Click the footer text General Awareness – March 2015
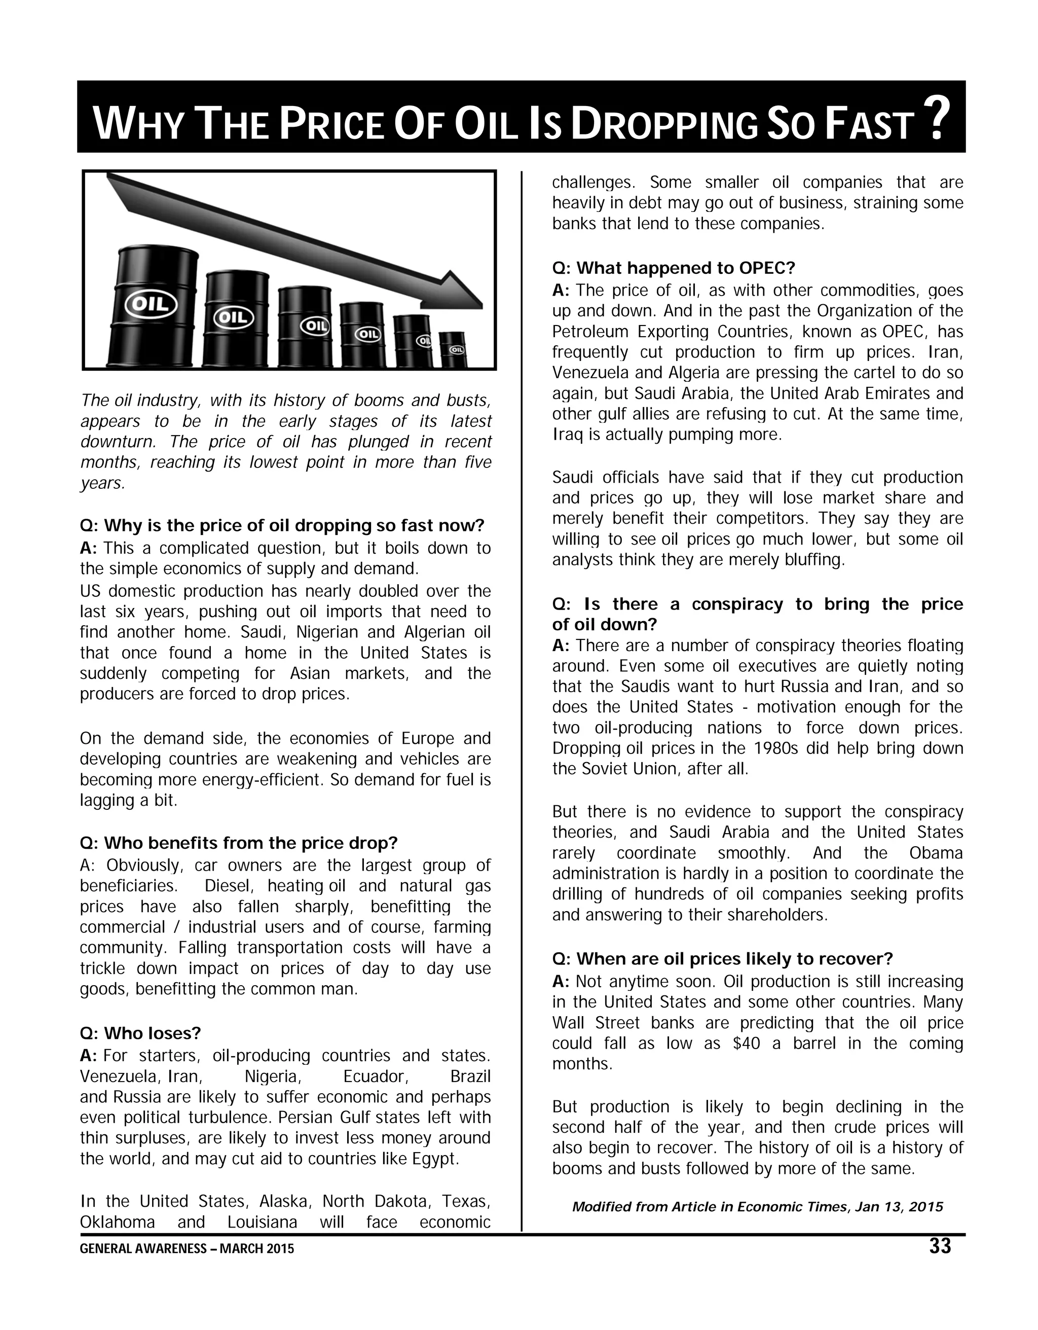(187, 1249)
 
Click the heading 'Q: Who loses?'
(140, 1033)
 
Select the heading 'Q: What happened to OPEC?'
(673, 268)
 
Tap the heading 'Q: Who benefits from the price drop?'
(239, 843)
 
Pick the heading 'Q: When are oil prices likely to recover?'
(722, 959)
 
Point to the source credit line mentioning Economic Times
(757, 1207)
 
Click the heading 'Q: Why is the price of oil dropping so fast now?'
(282, 525)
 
